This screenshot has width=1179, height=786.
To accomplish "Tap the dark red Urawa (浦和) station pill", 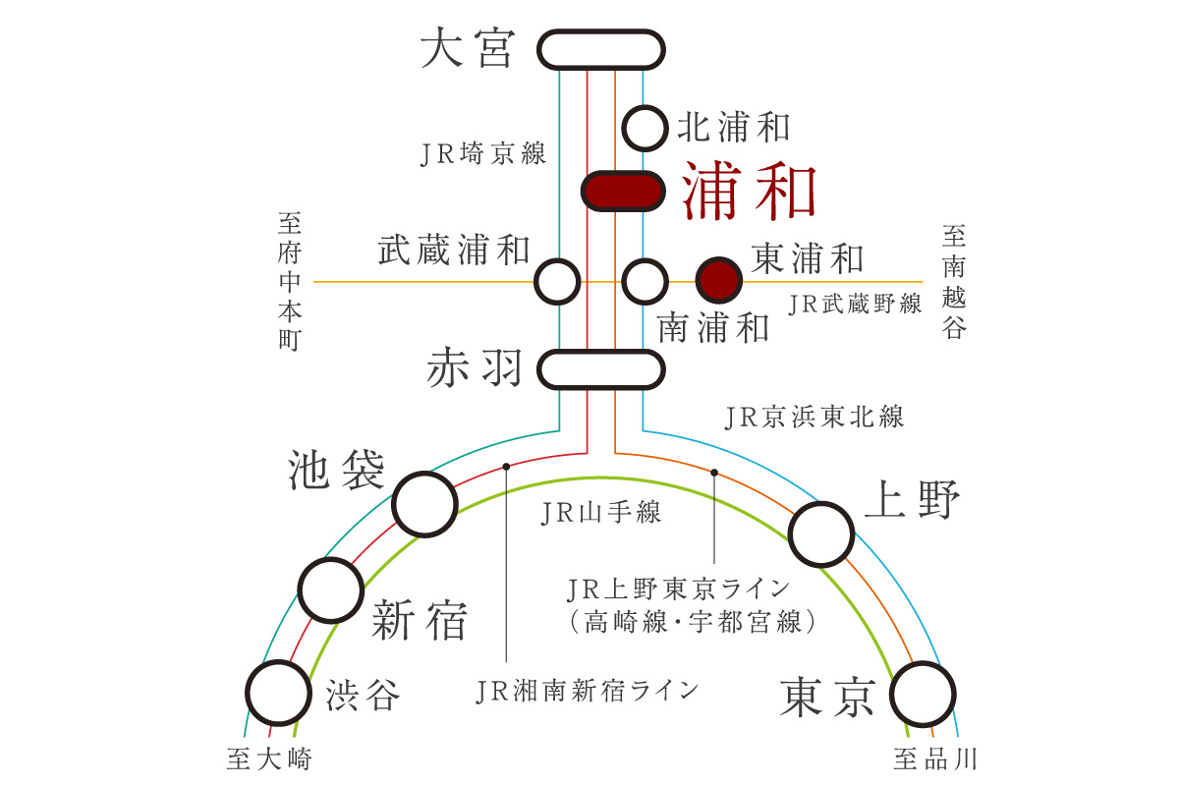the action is click(x=623, y=192).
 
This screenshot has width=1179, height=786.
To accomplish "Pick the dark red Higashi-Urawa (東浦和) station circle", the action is click(x=719, y=280).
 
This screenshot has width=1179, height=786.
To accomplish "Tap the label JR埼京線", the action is click(x=483, y=153).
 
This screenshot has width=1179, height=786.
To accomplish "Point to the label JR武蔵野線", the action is click(x=855, y=304).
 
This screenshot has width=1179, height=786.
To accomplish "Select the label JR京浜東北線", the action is click(x=814, y=417).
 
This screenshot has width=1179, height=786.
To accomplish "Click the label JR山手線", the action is click(x=600, y=513).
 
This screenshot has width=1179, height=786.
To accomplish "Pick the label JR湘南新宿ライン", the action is click(x=587, y=691).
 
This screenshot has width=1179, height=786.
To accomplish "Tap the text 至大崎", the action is click(x=269, y=758).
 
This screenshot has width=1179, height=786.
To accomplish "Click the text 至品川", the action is click(x=934, y=758).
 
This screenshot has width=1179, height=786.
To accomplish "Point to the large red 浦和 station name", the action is click(x=749, y=191).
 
